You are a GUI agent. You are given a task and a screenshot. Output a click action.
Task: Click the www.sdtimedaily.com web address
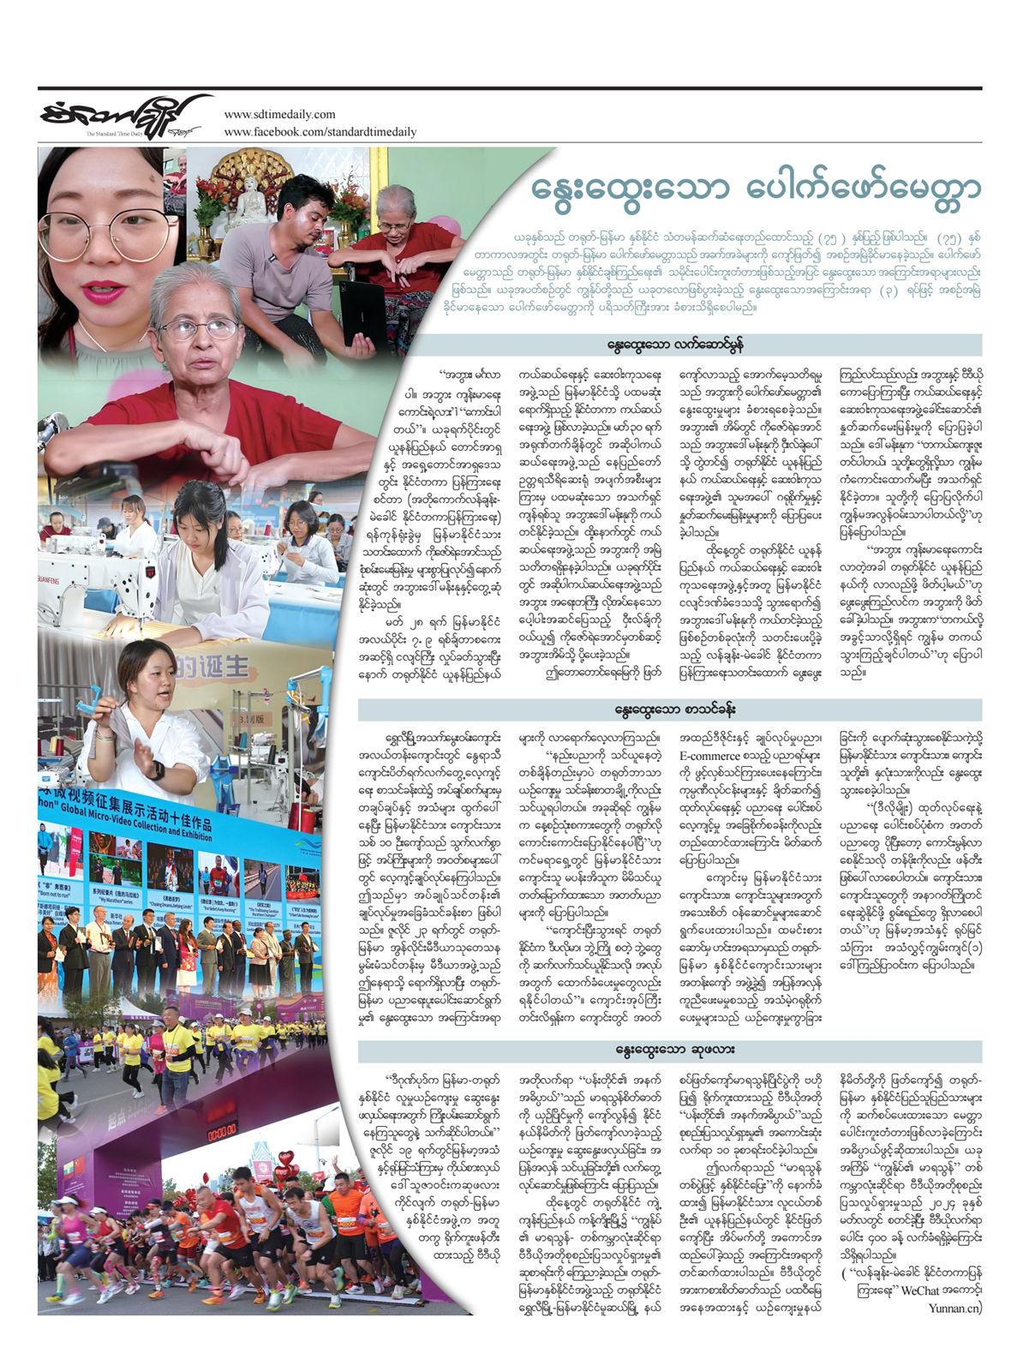[x=278, y=115]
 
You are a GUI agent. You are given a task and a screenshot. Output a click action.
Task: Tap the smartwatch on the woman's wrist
[x=158, y=769]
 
